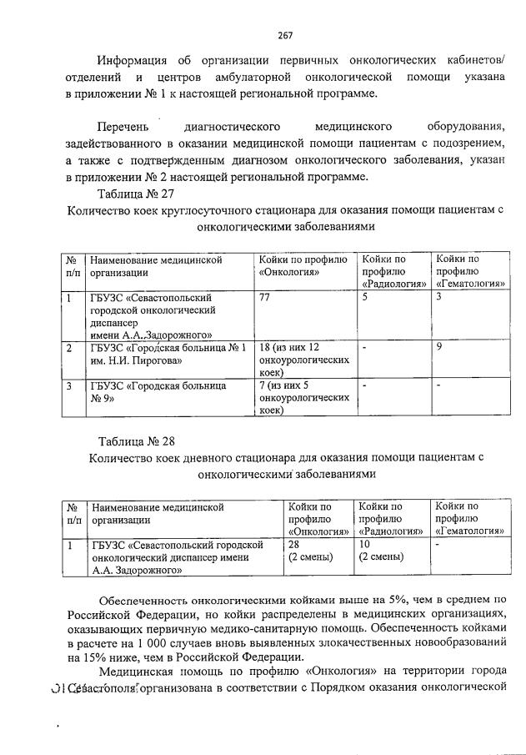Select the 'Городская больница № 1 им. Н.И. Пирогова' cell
pyautogui.click(x=167, y=354)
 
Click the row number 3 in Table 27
pyautogui.click(x=69, y=386)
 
